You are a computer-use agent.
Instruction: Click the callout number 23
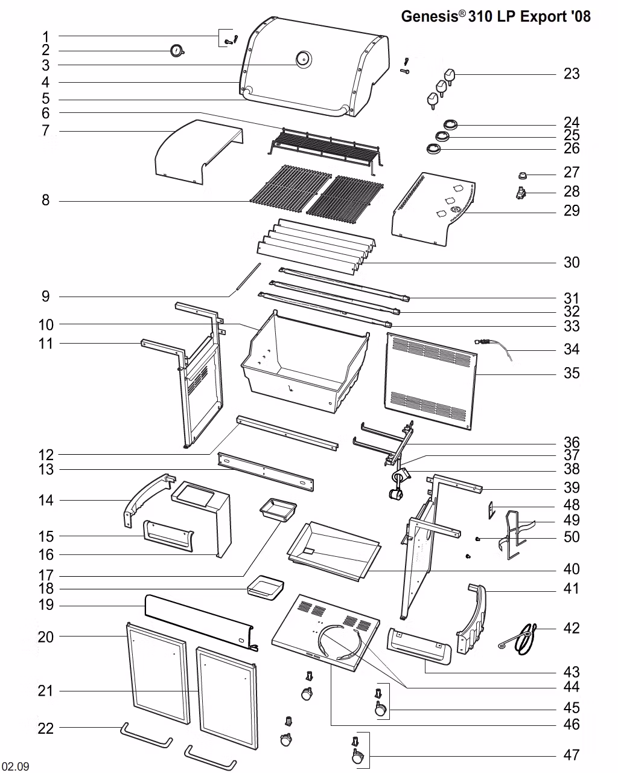pyautogui.click(x=572, y=74)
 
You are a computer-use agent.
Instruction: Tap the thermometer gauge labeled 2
pyautogui.click(x=177, y=51)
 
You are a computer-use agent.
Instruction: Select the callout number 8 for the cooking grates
pyautogui.click(x=46, y=200)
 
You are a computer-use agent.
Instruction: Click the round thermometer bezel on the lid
pyautogui.click(x=304, y=59)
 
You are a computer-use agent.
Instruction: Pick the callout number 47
pyautogui.click(x=572, y=755)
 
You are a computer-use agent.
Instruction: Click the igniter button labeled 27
pyautogui.click(x=523, y=175)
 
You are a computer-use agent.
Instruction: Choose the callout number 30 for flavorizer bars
pyautogui.click(x=572, y=262)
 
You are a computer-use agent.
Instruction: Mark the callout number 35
pyautogui.click(x=572, y=373)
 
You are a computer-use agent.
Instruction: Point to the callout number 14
pyautogui.click(x=46, y=500)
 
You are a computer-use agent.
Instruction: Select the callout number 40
pyautogui.click(x=572, y=569)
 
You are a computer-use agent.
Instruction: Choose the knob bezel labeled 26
pyautogui.click(x=433, y=149)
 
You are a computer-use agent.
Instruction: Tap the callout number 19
pyautogui.click(x=46, y=605)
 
